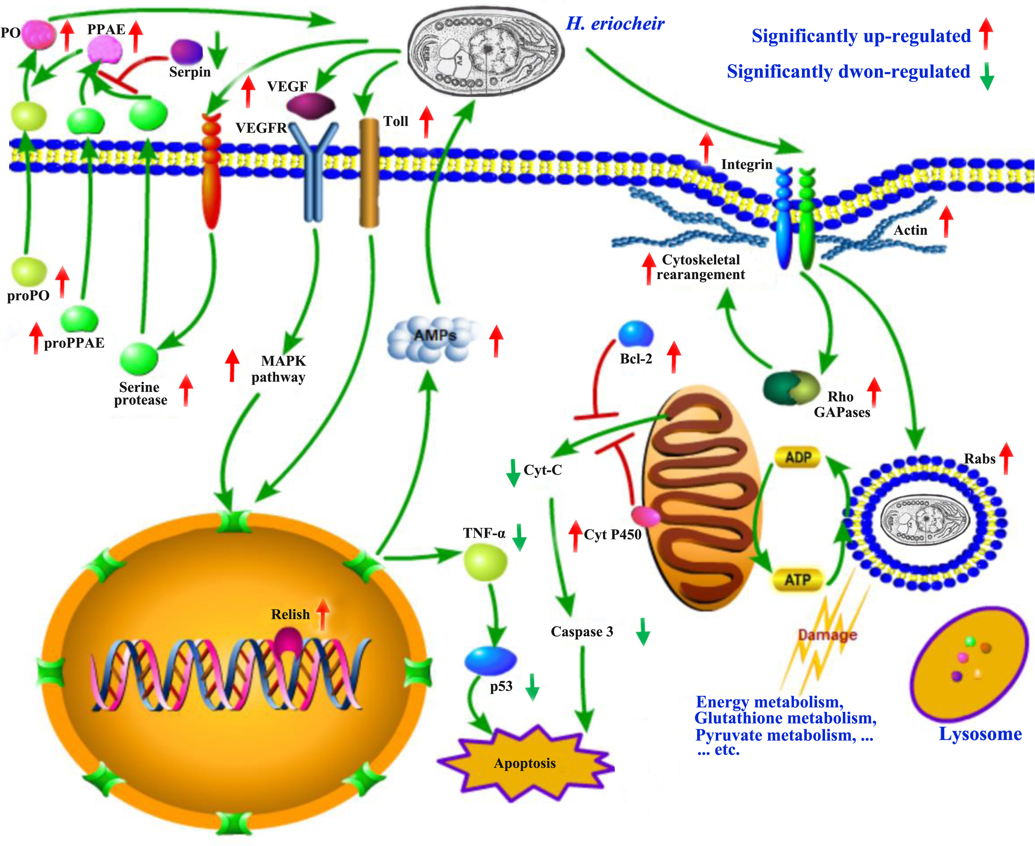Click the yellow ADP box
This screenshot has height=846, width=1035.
coord(797,458)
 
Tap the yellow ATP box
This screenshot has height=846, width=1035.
coord(797,580)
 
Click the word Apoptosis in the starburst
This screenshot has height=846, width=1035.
coord(525,763)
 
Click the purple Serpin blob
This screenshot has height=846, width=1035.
coord(187,52)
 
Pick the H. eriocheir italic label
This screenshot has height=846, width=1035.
coord(615,23)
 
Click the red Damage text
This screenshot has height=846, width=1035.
coord(827,635)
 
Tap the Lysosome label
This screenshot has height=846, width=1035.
coord(980,733)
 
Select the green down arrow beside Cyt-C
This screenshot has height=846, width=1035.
coord(513,472)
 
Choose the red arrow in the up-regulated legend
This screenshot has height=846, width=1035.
coord(985,33)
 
